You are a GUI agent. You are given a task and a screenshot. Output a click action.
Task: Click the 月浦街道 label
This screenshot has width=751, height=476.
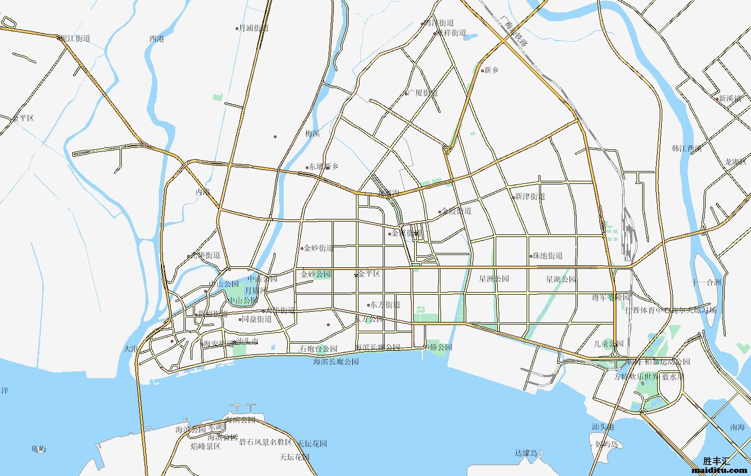(x=254, y=28)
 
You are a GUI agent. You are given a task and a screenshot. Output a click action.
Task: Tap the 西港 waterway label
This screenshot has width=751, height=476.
(x=156, y=39)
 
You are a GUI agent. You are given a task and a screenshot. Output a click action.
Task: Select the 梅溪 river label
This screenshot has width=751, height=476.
(x=312, y=133)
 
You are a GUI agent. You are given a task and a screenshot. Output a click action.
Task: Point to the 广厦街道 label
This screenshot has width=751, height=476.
(x=423, y=93)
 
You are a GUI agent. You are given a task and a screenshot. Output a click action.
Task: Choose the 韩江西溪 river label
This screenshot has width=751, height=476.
(x=687, y=148)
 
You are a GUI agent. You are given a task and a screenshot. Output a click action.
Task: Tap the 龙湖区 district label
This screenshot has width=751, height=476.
(x=735, y=162)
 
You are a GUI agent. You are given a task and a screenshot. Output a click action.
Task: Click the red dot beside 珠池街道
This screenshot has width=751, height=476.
(x=531, y=256)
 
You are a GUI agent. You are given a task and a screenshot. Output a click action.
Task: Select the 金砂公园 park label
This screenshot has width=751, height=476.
(x=316, y=274)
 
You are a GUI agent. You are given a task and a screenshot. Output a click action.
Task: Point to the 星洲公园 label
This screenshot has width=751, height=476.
(x=494, y=279)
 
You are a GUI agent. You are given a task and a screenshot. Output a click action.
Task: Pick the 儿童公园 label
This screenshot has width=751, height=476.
(x=608, y=344)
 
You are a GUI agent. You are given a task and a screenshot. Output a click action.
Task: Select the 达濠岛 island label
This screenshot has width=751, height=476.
(x=526, y=453)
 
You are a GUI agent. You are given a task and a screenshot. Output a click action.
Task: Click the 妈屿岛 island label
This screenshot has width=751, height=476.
(x=606, y=444)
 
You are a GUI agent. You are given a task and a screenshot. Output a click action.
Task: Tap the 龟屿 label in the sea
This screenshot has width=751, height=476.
(x=39, y=449)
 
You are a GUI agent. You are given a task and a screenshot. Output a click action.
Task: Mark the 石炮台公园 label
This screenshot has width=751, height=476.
(x=318, y=349)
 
